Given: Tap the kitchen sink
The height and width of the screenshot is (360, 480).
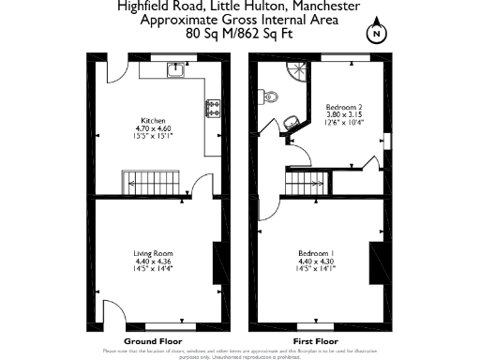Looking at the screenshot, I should click(x=174, y=68).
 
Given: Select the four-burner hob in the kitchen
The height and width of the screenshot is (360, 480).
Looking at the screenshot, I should click(x=213, y=108).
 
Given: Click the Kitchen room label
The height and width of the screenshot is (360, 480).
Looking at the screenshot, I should click(x=153, y=121).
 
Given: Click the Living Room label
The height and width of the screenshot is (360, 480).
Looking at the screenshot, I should click(x=154, y=253).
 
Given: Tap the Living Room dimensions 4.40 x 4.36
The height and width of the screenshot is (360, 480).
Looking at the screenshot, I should click(x=154, y=261).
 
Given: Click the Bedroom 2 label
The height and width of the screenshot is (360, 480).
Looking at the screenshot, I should click(x=343, y=107).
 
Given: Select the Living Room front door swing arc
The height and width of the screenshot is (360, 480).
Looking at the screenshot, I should click(x=111, y=315).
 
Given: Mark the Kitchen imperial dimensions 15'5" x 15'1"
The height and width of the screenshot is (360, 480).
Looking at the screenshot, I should click(x=153, y=137).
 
